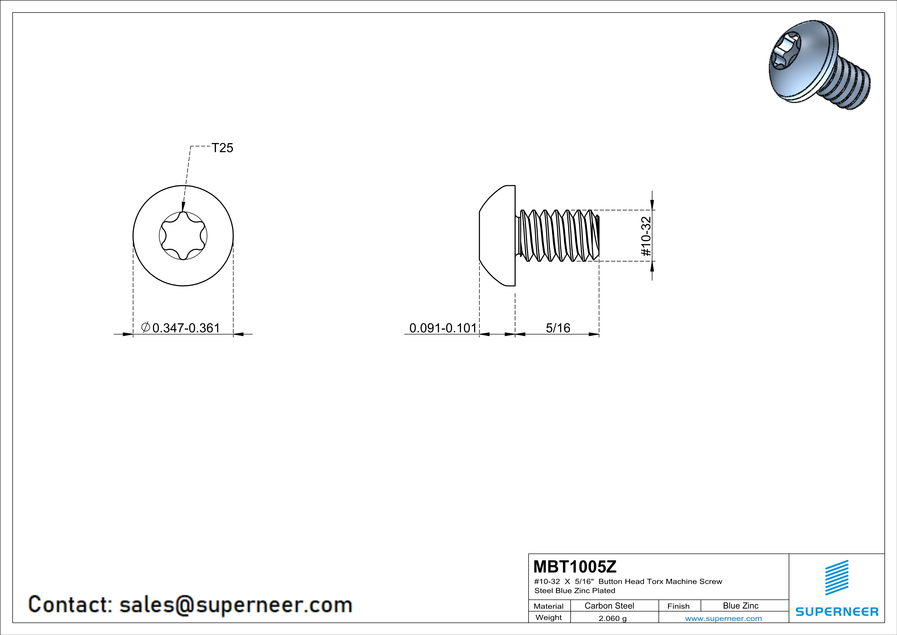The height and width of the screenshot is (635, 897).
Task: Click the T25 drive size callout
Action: click(222, 148)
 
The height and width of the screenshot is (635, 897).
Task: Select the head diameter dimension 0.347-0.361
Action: click(186, 328)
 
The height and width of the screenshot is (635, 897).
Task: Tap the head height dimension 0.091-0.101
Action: click(443, 328)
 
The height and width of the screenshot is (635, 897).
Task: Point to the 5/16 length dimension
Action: click(558, 328)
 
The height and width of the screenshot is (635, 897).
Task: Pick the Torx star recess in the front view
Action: click(183, 236)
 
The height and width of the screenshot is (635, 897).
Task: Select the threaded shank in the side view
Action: click(559, 236)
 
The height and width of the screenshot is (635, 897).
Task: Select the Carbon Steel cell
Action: click(609, 606)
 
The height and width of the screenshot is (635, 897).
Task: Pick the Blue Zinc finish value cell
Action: click(740, 606)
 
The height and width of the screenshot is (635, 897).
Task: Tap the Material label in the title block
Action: click(549, 606)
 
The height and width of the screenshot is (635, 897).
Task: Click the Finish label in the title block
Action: click(678, 606)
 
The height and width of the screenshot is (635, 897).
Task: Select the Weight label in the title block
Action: click(549, 617)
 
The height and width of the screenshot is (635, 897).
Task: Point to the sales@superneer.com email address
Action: click(236, 605)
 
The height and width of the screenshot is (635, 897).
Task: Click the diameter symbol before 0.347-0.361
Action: click(145, 327)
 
